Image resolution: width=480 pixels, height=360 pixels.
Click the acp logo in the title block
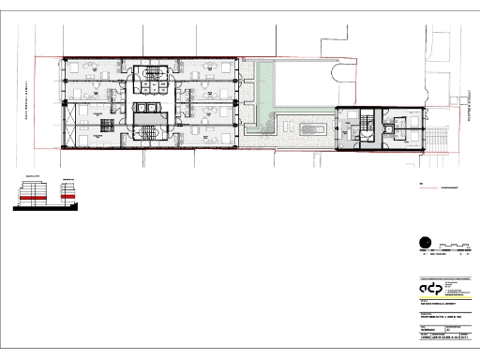(434, 289)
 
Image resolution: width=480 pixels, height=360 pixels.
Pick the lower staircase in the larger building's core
(149, 130)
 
